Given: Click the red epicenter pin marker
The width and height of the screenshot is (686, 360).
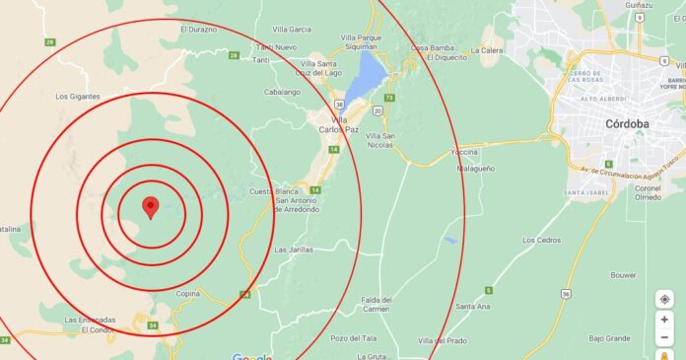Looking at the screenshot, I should pos(151,207).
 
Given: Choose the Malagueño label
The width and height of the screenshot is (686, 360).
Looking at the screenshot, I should pos(474,169).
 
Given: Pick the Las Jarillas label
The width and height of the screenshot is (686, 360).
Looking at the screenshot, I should pos(294,250).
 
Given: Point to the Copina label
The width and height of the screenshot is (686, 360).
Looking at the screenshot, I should pos(188,294).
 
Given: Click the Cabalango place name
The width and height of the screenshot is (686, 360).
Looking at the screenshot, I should pos(253,91).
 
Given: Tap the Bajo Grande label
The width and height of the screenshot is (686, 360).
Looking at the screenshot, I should pos(609,337).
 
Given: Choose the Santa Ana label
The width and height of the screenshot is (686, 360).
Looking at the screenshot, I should pos(473,307).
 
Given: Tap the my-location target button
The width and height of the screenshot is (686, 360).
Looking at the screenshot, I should pos(665,299).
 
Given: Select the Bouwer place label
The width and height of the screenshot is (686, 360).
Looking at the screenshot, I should pos(623,275).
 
